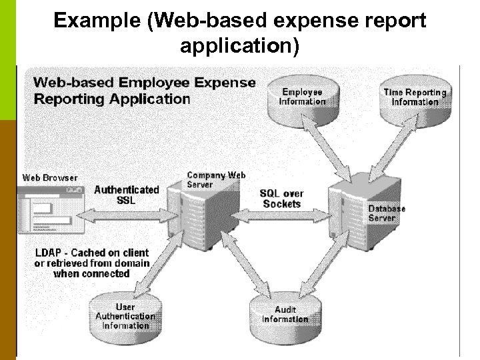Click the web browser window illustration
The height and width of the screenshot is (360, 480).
click(47, 209)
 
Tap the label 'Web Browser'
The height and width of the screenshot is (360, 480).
click(50, 178)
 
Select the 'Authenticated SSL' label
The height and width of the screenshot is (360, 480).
click(127, 195)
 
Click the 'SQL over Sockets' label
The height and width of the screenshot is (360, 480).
click(282, 199)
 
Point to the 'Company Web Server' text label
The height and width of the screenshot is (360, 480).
click(216, 179)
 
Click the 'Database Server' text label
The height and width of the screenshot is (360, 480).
click(386, 213)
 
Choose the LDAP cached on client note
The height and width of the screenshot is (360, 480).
click(92, 263)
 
